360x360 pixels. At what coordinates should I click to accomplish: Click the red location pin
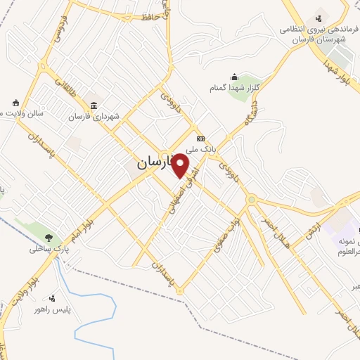click(181, 165)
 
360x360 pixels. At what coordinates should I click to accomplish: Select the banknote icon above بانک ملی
click(200, 139)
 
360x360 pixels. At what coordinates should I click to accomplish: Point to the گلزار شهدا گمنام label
click(237, 87)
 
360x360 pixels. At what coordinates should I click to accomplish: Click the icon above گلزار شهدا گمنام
click(234, 77)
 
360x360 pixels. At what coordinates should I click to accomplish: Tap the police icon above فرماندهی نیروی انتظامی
click(319, 18)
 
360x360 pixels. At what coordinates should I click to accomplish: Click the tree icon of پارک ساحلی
click(48, 237)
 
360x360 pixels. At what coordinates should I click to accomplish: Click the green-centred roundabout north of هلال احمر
click(251, 200)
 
